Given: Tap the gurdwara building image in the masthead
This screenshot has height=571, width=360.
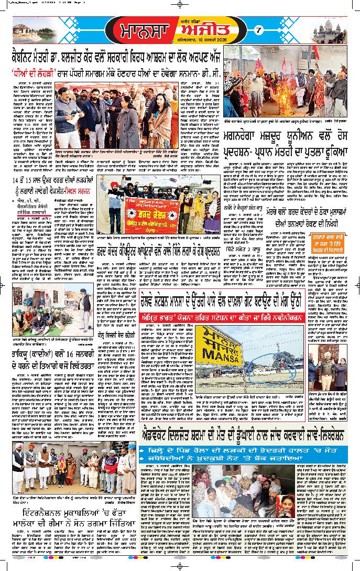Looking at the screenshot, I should click(331, 31).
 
